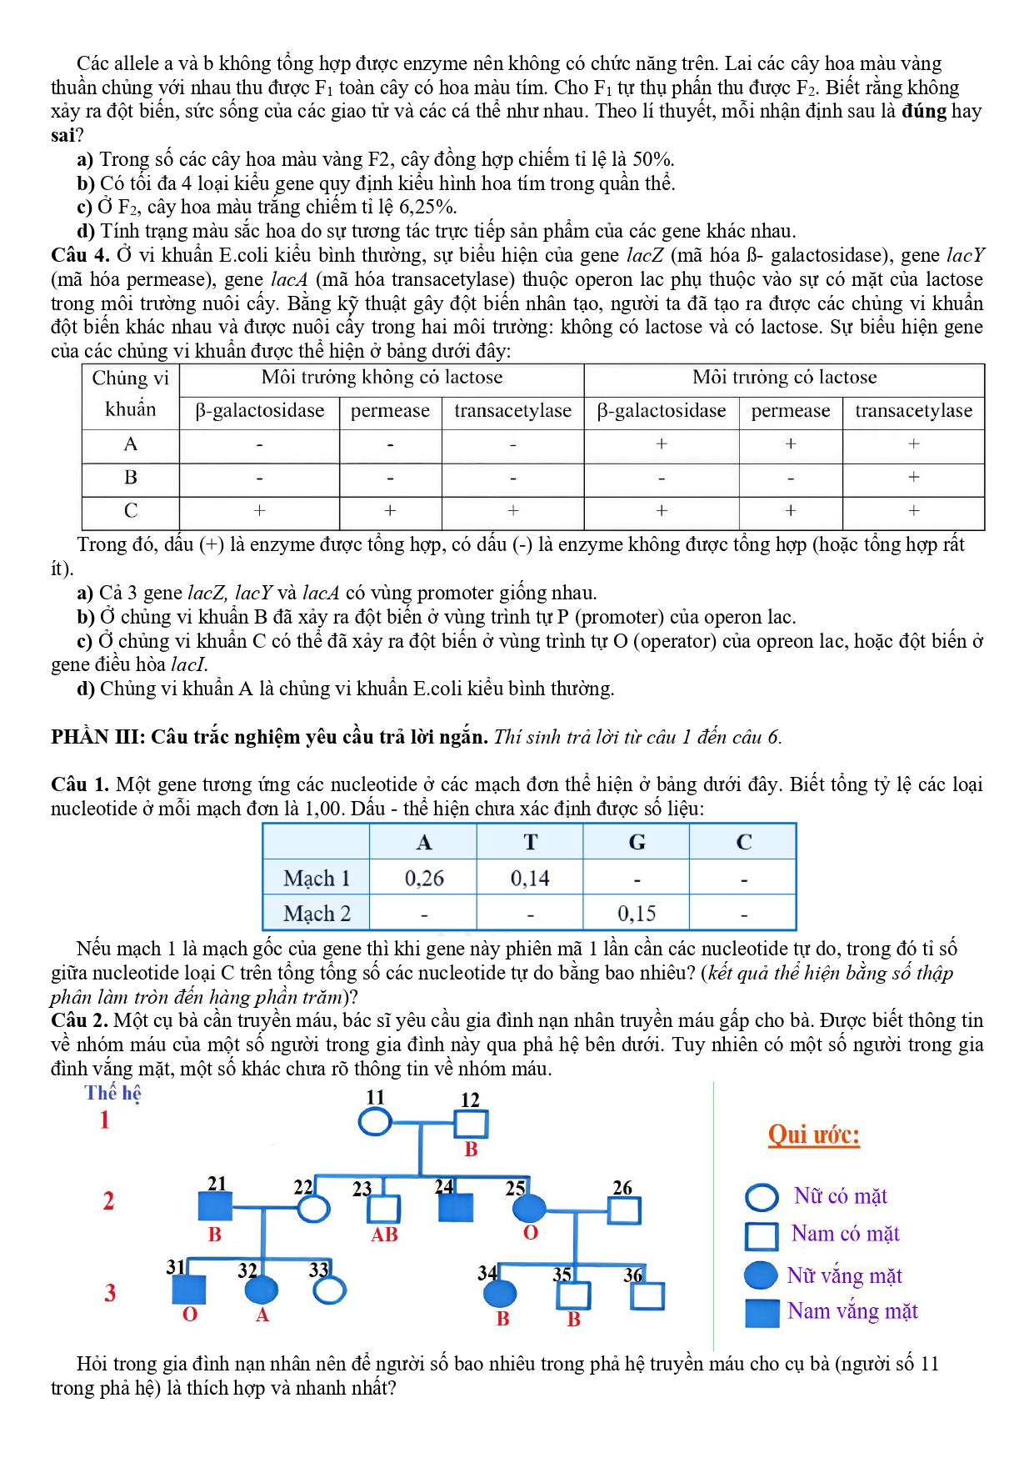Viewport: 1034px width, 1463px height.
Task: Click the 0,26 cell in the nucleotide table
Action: click(424, 878)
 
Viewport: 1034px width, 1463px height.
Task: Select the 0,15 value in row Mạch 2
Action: click(637, 914)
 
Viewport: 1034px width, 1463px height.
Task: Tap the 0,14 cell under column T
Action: click(530, 878)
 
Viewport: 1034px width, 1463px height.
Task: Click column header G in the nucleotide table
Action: click(637, 842)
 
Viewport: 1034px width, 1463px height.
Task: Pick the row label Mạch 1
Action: click(317, 878)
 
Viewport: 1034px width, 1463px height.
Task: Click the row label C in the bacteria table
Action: click(131, 511)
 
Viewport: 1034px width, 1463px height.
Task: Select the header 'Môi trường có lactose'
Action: click(784, 378)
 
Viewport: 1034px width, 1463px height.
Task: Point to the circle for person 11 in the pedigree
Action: click(375, 1122)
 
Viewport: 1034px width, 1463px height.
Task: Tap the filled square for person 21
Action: click(215, 1207)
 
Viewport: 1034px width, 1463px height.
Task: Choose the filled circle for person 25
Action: click(529, 1207)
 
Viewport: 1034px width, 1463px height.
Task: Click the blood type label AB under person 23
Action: click(384, 1235)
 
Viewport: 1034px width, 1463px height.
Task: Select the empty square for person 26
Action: click(625, 1210)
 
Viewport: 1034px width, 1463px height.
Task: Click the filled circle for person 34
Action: click(500, 1294)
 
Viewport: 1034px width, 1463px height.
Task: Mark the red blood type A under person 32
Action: click(262, 1315)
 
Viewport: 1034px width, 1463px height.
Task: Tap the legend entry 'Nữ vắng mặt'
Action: click(844, 1275)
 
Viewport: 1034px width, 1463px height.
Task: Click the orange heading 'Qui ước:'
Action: click(814, 1135)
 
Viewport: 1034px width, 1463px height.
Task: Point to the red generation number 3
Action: click(110, 1293)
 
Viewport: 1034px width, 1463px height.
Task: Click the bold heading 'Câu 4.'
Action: click(80, 255)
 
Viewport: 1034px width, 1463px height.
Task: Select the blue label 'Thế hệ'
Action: click(112, 1093)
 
